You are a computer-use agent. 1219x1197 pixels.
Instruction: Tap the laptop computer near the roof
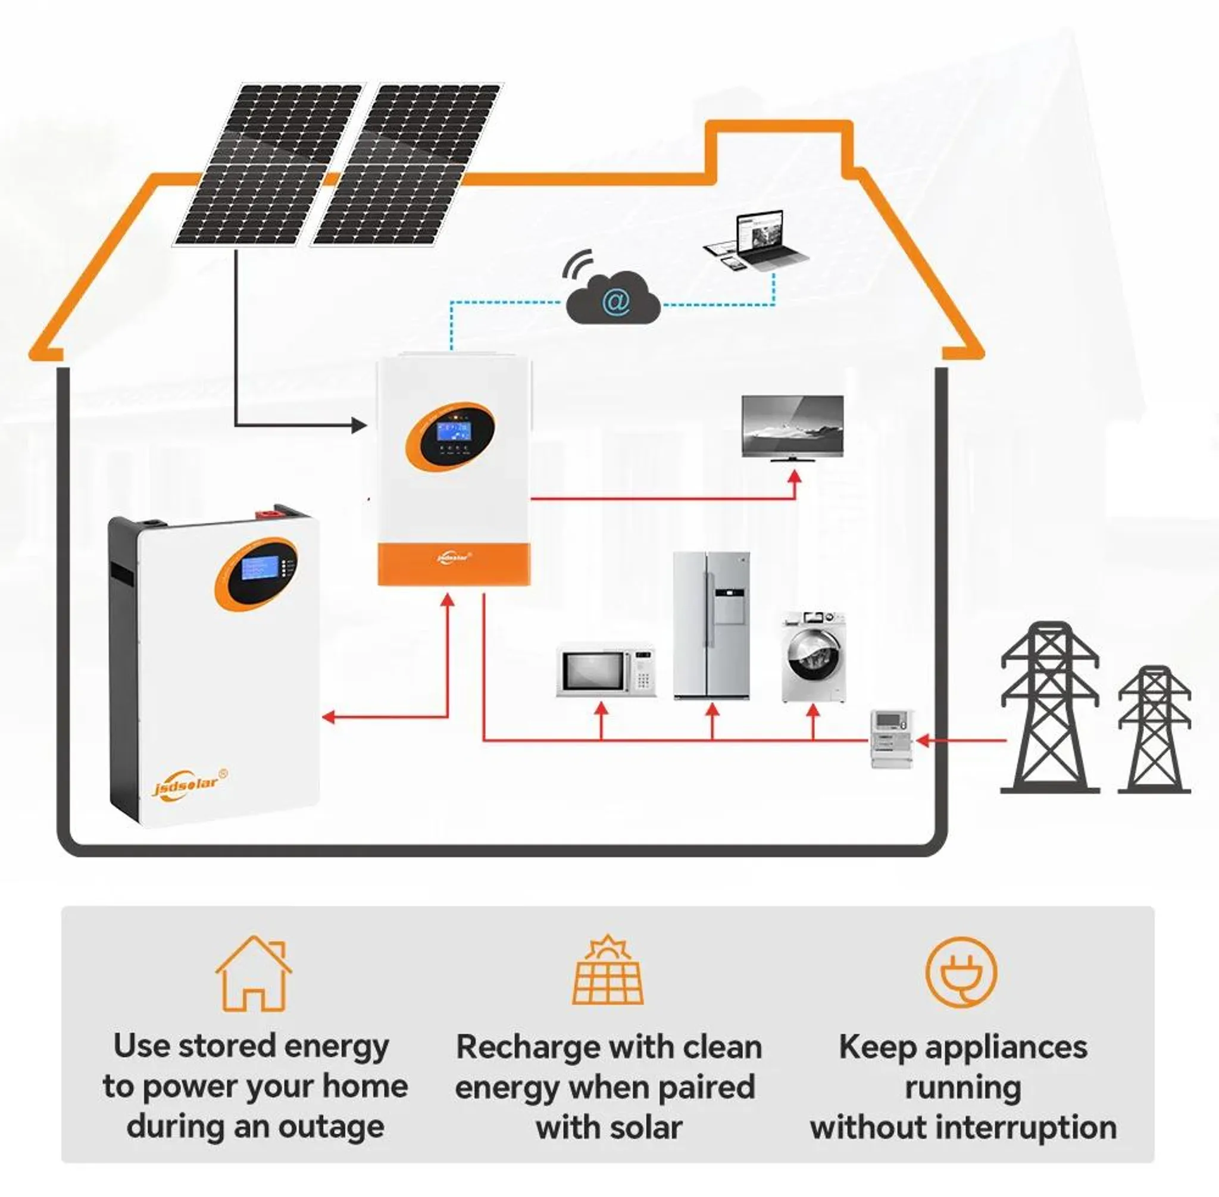point(764,239)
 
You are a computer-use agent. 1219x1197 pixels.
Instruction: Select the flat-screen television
point(793,427)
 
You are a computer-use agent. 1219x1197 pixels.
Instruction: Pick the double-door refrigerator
point(712,625)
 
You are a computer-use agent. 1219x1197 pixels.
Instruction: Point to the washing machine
point(814,656)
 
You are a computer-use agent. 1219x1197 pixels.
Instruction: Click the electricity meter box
point(891,738)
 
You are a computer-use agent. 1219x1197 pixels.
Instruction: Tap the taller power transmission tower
point(1049,707)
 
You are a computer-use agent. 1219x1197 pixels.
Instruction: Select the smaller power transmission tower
point(1154,729)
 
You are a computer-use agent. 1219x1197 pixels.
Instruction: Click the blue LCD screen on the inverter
point(454,432)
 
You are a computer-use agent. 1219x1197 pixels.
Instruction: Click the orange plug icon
point(961,973)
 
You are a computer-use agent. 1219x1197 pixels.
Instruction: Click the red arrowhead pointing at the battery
point(328,716)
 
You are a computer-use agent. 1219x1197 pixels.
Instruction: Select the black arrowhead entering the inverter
point(359,426)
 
